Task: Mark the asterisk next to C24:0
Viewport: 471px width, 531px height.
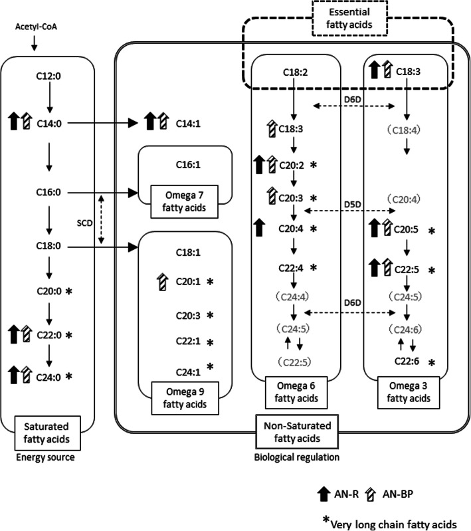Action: click(68, 376)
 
